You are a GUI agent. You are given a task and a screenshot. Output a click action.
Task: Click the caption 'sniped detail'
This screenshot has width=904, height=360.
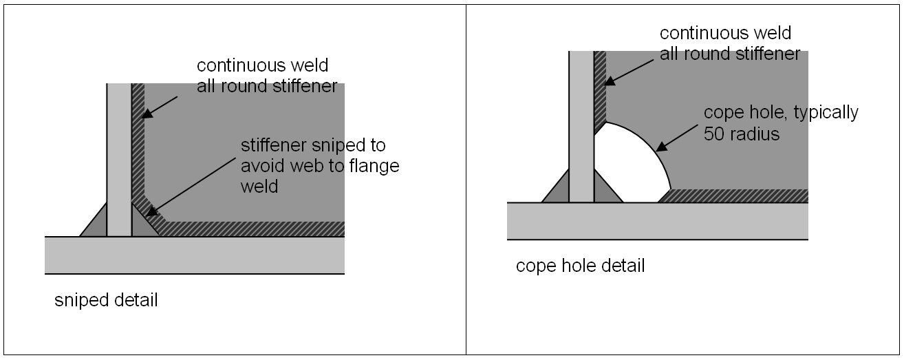point(106,301)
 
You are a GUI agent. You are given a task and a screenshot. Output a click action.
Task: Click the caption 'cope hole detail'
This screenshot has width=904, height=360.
point(580,266)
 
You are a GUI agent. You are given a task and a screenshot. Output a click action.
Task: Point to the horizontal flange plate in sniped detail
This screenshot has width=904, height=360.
point(195,255)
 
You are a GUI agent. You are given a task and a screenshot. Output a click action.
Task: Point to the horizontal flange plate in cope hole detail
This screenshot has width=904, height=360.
point(657,221)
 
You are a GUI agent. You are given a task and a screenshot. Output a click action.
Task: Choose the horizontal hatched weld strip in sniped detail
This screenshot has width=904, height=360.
point(255,229)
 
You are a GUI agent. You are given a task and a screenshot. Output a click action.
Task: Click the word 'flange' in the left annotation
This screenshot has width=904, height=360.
point(376,167)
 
